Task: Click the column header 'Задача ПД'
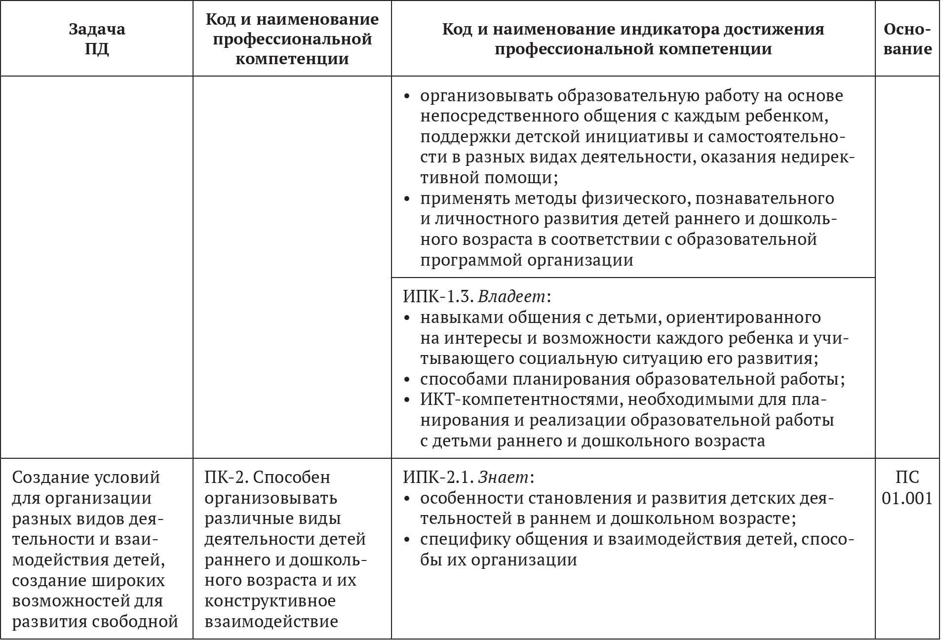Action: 97,39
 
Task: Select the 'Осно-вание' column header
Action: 907,39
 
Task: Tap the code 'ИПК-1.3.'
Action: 438,296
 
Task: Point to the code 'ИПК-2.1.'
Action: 438,477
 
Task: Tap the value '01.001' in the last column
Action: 907,498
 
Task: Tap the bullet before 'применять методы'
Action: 407,199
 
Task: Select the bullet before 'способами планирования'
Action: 407,379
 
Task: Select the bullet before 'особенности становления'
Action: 407,498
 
